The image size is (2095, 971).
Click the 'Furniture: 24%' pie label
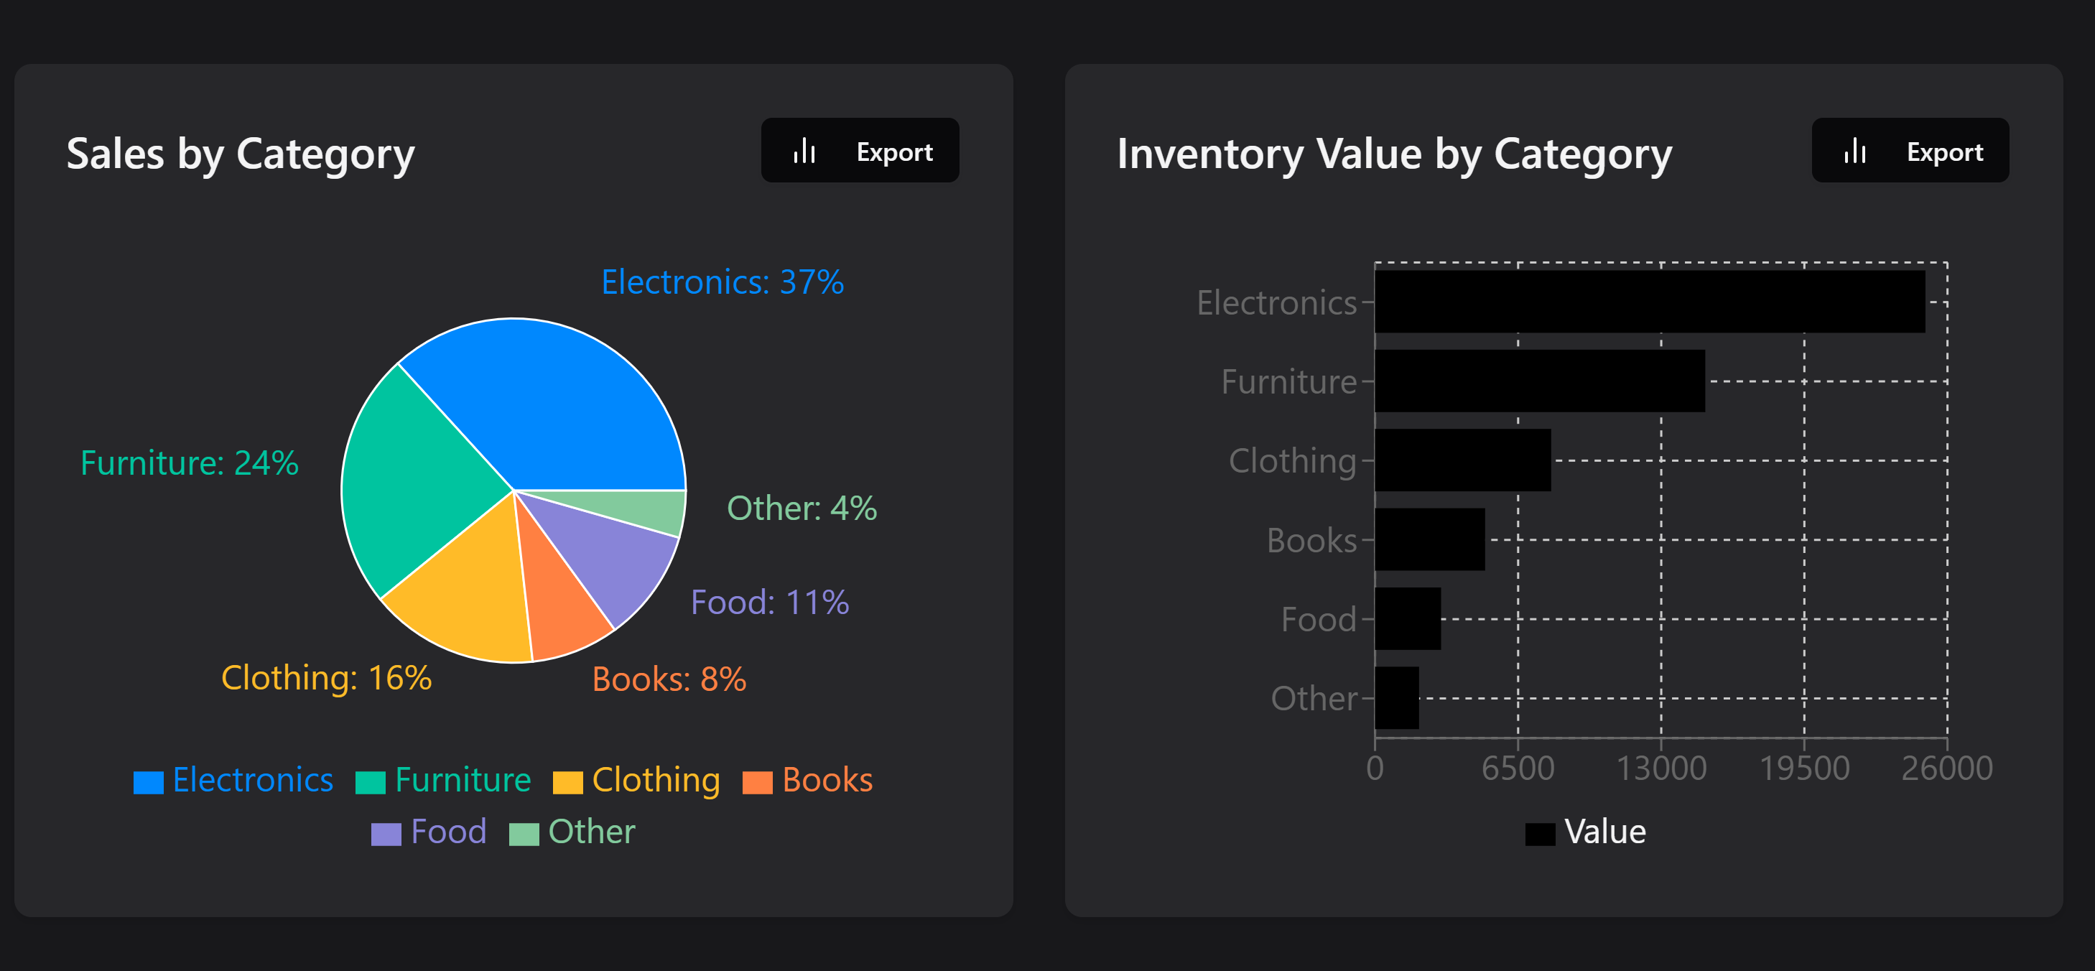[x=190, y=463]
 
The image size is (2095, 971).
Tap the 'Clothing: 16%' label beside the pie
[x=326, y=677]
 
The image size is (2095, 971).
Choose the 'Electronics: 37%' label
[x=723, y=282]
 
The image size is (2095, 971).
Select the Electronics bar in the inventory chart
[x=1649, y=302]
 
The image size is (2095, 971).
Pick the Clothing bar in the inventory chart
[x=1462, y=460]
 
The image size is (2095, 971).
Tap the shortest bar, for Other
[x=1396, y=698]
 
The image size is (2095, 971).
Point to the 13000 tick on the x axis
[x=1660, y=768]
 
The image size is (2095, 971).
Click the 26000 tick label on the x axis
[x=1946, y=768]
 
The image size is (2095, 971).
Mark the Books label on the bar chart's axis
[x=1311, y=540]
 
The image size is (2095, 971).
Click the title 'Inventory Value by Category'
[x=1394, y=154]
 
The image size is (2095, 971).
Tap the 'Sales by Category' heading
[x=241, y=154]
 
